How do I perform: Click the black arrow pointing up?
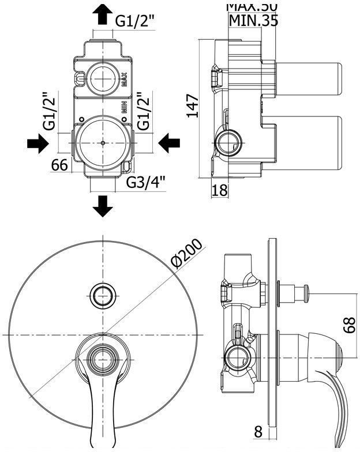pyautogui.click(x=103, y=14)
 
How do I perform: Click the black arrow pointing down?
pyautogui.click(x=103, y=205)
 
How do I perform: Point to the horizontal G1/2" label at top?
pyautogui.click(x=134, y=21)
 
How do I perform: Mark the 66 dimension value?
pyautogui.click(x=60, y=165)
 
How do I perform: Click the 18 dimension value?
pyautogui.click(x=220, y=190)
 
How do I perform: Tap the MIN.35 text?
pyautogui.click(x=253, y=21)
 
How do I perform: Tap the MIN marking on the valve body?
pyautogui.click(x=123, y=107)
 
